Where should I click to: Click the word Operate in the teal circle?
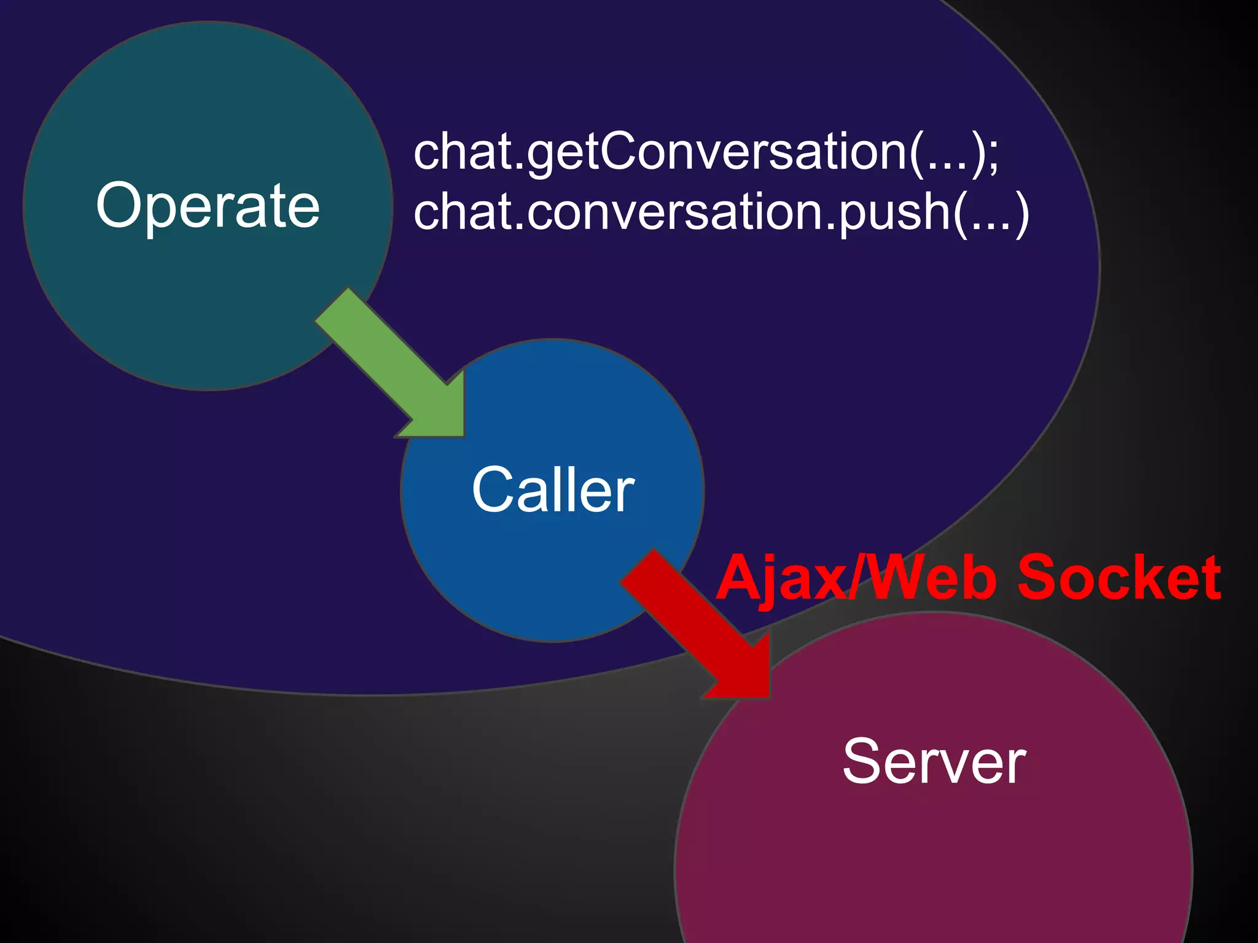pos(208,206)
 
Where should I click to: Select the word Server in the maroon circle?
pos(934,761)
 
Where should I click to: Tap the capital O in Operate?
pos(122,206)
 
